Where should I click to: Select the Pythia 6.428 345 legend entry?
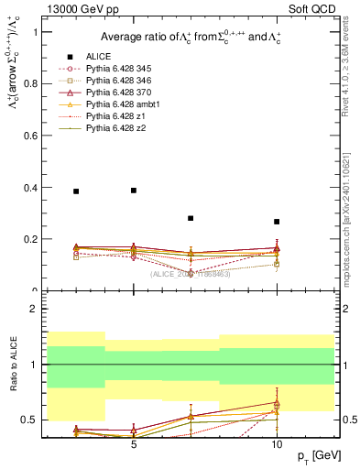pos(117,69)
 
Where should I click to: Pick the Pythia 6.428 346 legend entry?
pos(117,81)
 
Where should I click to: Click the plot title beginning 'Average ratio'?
pos(190,37)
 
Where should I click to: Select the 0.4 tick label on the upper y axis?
pos(30,188)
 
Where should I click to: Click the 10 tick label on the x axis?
pos(277,442)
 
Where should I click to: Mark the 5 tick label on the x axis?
pos(134,442)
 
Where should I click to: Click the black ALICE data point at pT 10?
pos(277,222)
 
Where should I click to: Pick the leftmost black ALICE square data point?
pos(76,191)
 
